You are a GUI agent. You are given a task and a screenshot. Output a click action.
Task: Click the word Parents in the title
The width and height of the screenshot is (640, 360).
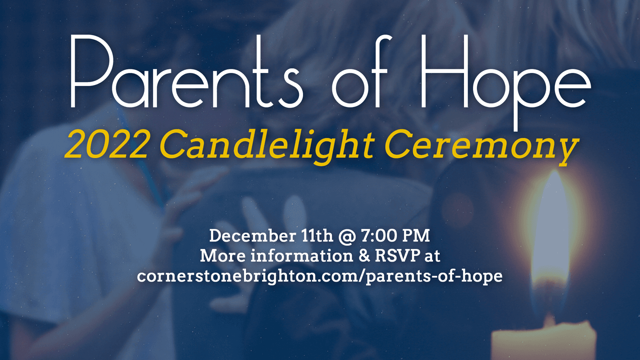[187, 71]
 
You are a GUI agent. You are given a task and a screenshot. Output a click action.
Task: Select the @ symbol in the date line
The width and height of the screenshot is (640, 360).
[347, 237]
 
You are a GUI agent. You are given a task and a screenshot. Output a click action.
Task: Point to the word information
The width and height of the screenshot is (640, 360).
[302, 256]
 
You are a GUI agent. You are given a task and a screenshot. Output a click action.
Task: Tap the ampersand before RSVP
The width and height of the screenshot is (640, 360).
[364, 256]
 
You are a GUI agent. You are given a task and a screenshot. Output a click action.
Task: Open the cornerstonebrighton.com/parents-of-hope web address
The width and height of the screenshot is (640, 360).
[320, 276]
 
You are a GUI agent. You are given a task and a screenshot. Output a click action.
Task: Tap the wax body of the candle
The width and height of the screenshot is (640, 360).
[544, 341]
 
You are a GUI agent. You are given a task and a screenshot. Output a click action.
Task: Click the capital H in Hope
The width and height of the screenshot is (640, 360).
[444, 71]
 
